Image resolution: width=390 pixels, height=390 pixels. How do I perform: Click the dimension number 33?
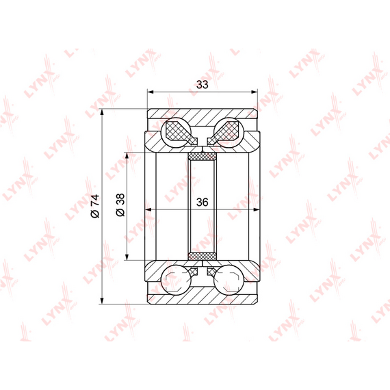203,85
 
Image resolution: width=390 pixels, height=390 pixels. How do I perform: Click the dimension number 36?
203,203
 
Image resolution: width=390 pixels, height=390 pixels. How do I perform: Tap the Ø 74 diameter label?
95,206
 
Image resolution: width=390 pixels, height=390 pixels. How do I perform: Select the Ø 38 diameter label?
120,205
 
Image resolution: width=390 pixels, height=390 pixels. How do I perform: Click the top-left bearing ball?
177,132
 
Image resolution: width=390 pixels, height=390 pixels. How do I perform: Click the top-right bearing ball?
229,132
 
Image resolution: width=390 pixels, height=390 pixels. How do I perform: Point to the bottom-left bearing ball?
177,280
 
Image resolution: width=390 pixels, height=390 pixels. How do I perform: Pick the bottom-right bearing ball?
229,280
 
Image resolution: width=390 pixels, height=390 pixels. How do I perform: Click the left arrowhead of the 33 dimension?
151,92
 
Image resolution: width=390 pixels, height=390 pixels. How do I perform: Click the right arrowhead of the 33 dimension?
255,92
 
